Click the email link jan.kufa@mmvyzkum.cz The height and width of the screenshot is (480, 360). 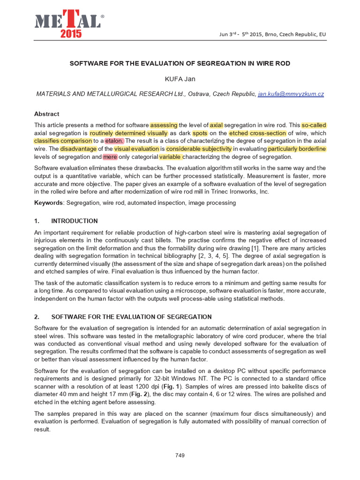tap(291, 94)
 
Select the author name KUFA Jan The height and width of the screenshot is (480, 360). tap(180, 79)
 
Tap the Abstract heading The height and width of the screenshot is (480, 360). tap(47, 114)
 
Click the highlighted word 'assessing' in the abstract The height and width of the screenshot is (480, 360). tap(164, 125)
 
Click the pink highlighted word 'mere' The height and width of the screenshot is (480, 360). tap(110, 157)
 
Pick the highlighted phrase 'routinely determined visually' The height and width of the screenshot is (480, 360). tap(128, 133)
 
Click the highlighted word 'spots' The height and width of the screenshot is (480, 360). tap(200, 133)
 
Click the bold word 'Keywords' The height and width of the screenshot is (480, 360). tap(49, 203)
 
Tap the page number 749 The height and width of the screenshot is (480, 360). tap(180, 455)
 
